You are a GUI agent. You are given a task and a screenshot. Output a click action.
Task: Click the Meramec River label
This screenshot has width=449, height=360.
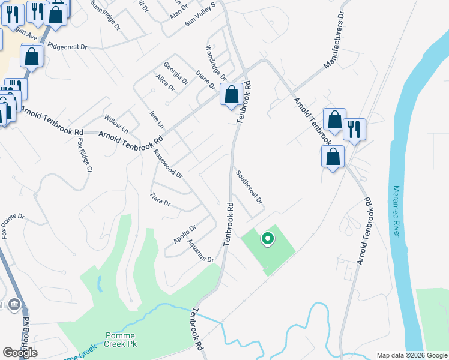click(396, 211)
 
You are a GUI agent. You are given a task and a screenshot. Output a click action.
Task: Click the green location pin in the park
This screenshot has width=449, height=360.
click(268, 239)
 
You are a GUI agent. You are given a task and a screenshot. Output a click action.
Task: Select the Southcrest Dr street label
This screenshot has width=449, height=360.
click(249, 187)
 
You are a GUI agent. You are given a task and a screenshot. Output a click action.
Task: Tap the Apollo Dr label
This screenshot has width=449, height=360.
click(185, 234)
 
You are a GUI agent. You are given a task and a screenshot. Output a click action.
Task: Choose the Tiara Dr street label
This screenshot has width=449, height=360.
click(160, 199)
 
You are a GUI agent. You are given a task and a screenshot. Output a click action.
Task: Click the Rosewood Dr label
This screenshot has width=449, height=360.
click(167, 164)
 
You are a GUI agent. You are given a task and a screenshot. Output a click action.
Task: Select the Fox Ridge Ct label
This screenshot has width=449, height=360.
click(84, 156)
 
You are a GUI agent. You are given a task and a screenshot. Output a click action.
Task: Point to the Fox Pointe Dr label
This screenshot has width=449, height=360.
click(13, 226)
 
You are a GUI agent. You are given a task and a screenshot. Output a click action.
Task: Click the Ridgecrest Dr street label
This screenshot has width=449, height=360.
click(67, 46)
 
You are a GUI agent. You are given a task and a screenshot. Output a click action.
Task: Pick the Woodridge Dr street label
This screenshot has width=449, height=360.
click(215, 63)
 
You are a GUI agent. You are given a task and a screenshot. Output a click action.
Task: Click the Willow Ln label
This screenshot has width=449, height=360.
click(116, 125)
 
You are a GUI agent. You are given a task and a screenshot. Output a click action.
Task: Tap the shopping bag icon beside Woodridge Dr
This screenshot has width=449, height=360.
click(231, 94)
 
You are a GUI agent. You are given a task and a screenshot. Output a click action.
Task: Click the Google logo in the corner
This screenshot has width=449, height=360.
click(20, 352)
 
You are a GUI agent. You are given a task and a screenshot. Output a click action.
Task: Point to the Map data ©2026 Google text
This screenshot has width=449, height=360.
click(411, 355)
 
